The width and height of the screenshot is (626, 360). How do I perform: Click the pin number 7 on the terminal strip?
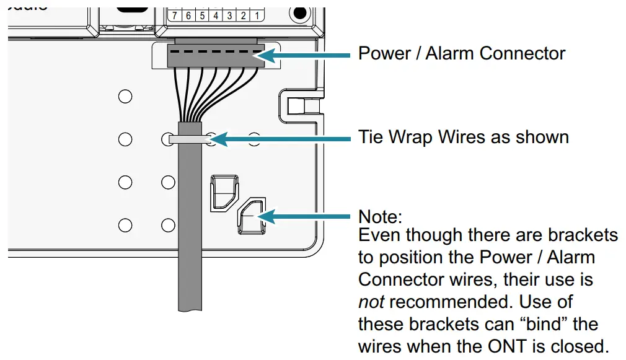(175, 15)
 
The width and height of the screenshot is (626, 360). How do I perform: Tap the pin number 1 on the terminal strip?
(256, 15)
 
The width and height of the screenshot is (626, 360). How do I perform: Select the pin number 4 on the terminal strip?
(216, 15)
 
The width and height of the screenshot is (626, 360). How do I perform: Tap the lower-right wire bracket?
(251, 217)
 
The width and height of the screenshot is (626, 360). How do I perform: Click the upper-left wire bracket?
(224, 191)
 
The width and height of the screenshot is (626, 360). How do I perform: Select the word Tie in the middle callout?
(370, 136)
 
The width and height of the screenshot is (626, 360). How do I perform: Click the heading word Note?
(381, 217)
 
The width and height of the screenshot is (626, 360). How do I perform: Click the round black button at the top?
(301, 12)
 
